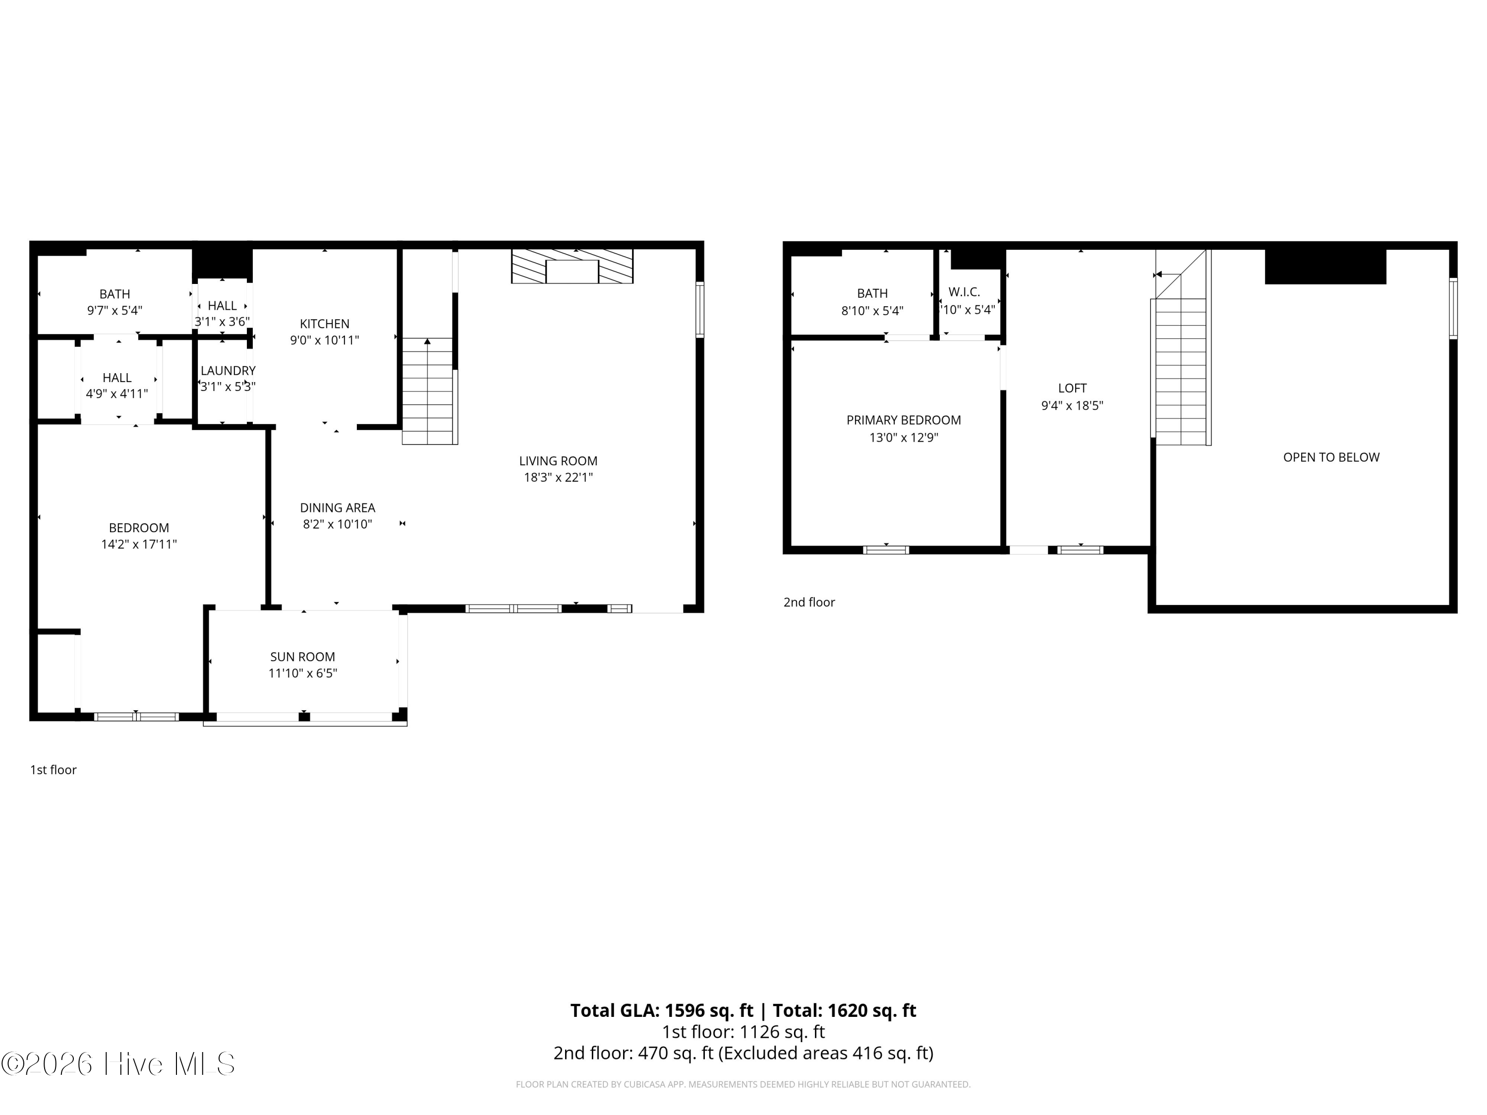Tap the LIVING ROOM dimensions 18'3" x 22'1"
click(x=558, y=477)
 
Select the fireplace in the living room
click(x=572, y=266)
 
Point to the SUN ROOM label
click(x=302, y=657)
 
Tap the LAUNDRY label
click(x=228, y=370)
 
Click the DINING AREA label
click(x=338, y=507)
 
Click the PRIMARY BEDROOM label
click(x=904, y=420)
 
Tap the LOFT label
click(x=1072, y=388)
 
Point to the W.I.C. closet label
click(x=965, y=292)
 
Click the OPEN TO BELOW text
click(x=1331, y=457)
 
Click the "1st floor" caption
click(x=53, y=770)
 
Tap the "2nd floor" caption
click(x=809, y=602)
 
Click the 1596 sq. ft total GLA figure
click(x=709, y=1010)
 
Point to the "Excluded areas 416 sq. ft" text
click(x=826, y=1053)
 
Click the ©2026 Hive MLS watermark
click(x=118, y=1063)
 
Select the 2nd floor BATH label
click(x=872, y=293)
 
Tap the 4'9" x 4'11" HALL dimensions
click(x=117, y=394)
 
